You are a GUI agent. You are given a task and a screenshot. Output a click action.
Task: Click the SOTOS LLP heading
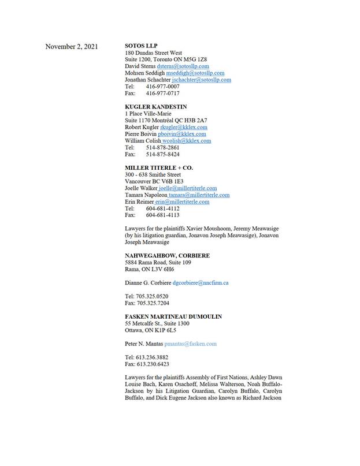click(142, 45)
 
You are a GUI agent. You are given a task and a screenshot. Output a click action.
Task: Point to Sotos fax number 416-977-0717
click(162, 93)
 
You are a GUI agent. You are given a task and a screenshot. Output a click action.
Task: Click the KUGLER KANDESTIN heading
click(155, 107)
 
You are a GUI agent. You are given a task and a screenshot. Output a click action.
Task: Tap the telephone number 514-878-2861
click(162, 147)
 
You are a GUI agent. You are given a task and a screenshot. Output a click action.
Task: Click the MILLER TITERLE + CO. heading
click(158, 167)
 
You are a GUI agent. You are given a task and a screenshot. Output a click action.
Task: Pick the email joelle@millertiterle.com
click(188, 188)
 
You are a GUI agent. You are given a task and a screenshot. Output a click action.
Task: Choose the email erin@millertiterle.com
click(181, 202)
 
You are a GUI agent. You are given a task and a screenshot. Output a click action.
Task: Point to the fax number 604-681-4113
click(162, 215)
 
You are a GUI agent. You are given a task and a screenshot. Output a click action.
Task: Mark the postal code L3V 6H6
click(162, 269)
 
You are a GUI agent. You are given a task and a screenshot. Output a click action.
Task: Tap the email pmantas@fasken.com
click(191, 344)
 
